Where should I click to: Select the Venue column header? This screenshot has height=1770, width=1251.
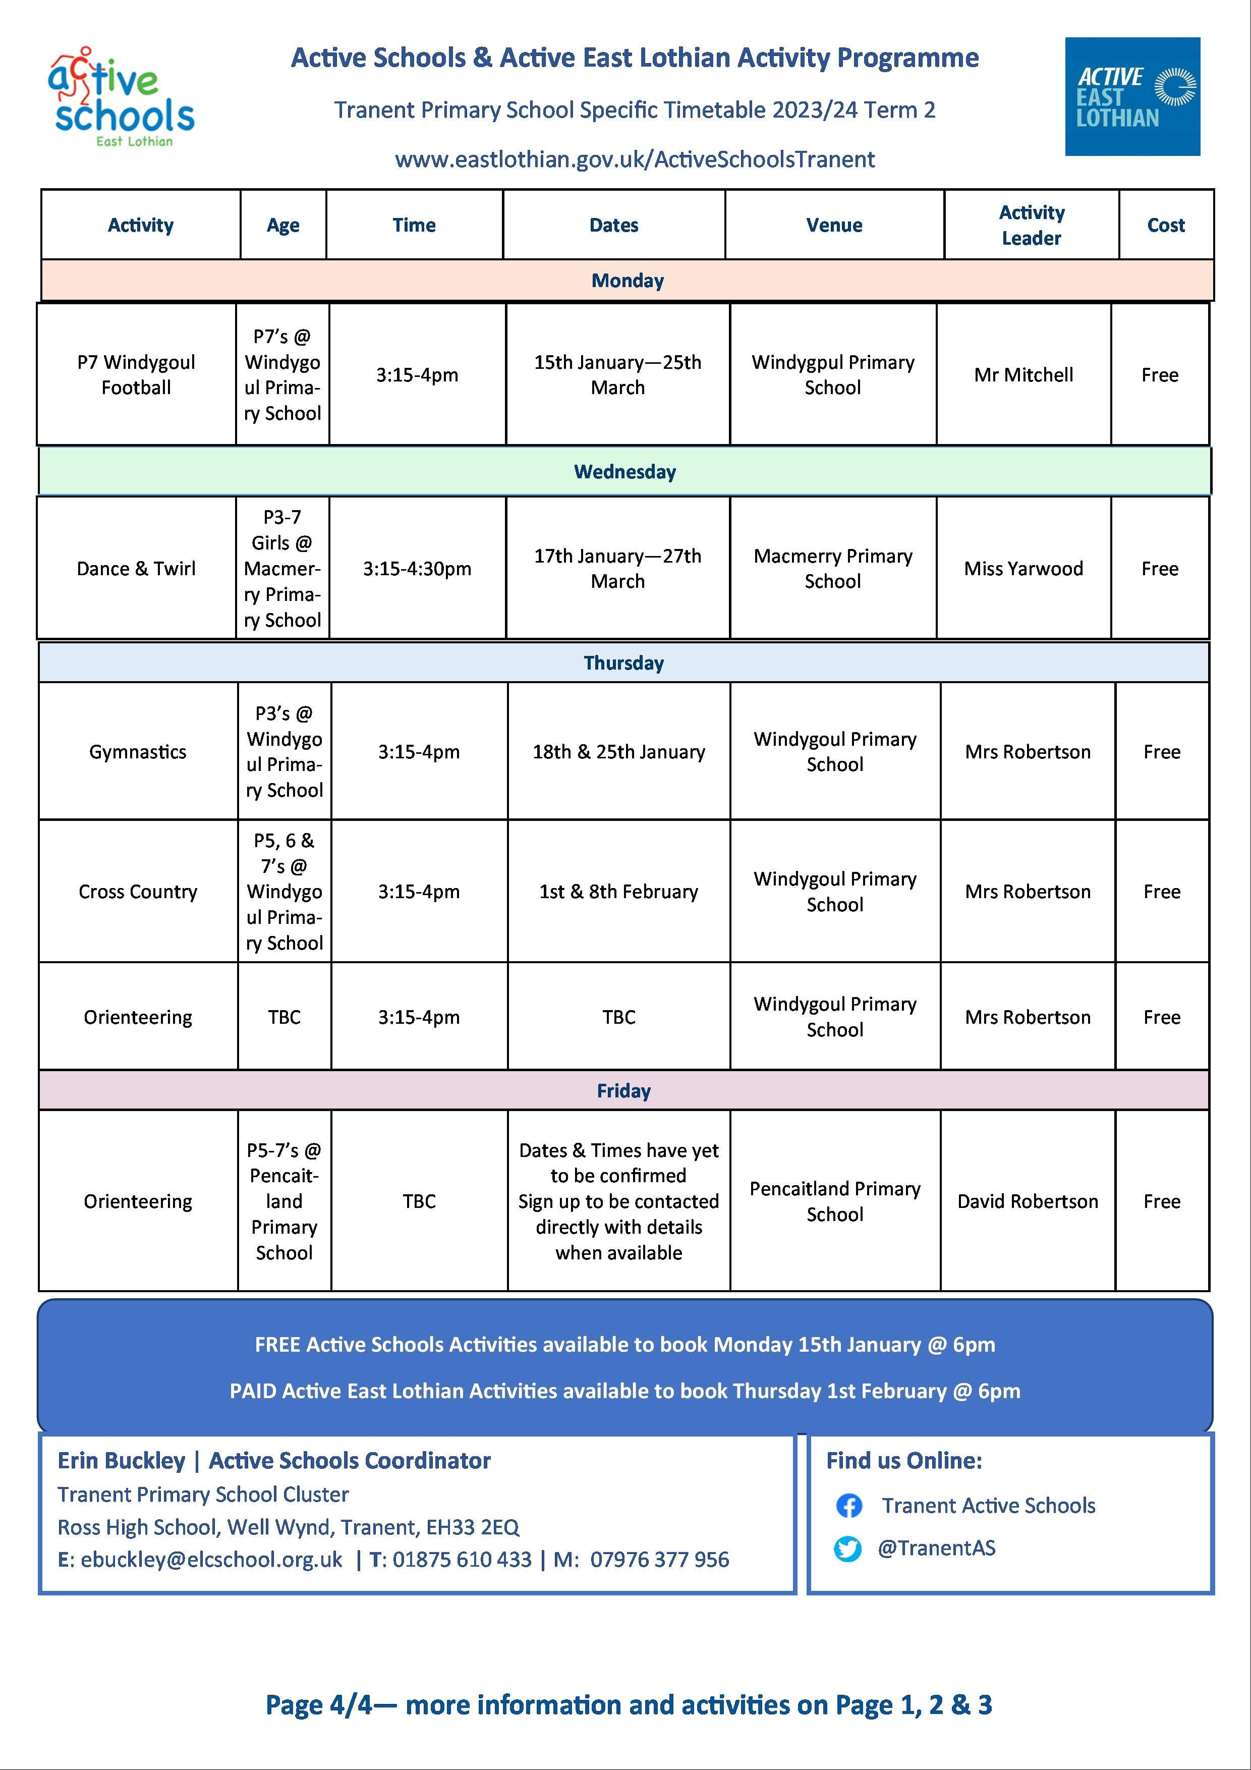(834, 225)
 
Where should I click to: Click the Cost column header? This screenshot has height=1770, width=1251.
(1165, 225)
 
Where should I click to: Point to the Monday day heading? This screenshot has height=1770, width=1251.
(627, 281)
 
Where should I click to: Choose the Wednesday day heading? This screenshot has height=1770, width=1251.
(624, 472)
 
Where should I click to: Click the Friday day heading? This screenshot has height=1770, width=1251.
(623, 1091)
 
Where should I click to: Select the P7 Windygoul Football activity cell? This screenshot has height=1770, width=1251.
(136, 375)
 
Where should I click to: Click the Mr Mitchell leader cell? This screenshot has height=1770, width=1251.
(1023, 375)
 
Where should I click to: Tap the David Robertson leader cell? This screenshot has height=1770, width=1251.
(1028, 1201)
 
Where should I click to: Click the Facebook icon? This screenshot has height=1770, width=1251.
(848, 1506)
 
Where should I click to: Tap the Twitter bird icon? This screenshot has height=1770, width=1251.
(848, 1549)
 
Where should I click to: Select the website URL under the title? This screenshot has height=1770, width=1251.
(635, 159)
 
